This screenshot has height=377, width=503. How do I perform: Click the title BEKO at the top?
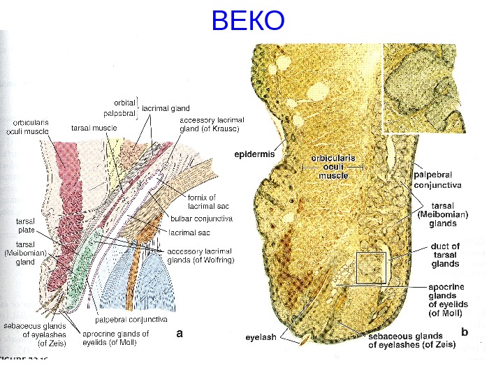point(248,22)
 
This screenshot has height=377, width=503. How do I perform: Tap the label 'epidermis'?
point(254,152)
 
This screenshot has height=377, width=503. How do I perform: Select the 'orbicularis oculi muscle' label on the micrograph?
point(333,167)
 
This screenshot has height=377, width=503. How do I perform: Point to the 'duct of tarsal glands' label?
point(446,255)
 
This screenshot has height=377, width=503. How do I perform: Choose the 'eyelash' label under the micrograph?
point(261,338)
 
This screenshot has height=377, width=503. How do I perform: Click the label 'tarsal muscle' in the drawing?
point(94,128)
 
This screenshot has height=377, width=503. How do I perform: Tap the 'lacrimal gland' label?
point(166,108)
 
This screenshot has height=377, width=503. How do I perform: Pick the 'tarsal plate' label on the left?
point(26,225)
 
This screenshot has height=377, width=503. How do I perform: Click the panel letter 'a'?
point(180,334)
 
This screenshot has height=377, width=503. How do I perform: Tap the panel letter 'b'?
point(465,332)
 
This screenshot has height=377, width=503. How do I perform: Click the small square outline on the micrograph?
point(371,267)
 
